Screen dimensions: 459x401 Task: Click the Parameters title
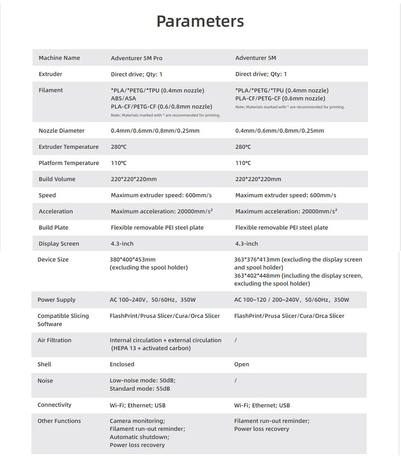coord(200,21)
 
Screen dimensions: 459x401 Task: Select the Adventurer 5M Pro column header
coord(136,58)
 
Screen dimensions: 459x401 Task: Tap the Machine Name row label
coord(59,58)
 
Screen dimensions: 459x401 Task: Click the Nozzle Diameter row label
coord(61,131)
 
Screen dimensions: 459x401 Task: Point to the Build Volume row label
coord(57,179)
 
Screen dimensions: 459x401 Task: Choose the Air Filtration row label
coord(54,340)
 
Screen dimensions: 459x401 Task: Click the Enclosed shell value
coord(122,364)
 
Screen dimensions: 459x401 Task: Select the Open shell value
coord(241,364)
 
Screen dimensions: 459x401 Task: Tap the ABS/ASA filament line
coord(124,98)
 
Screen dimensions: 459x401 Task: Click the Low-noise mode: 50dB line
coord(142,380)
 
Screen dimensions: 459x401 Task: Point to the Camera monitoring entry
coord(137,421)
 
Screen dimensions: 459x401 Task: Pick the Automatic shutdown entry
coord(139,437)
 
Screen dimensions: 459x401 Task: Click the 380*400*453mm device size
coord(132,259)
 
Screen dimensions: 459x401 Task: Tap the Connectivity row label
coord(54,405)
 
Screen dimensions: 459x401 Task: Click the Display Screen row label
coord(59,244)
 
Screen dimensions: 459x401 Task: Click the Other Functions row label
coord(59,421)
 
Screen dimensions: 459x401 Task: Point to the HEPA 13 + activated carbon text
coord(151,348)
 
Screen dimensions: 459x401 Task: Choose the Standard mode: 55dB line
coord(140,389)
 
